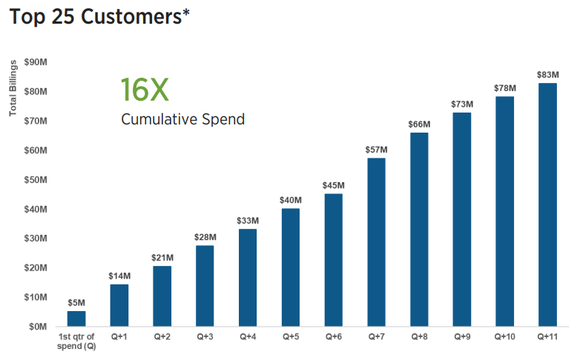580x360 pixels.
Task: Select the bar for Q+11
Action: [x=548, y=204]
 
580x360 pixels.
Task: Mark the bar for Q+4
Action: [x=248, y=277]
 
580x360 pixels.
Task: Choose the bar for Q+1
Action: [x=119, y=305]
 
